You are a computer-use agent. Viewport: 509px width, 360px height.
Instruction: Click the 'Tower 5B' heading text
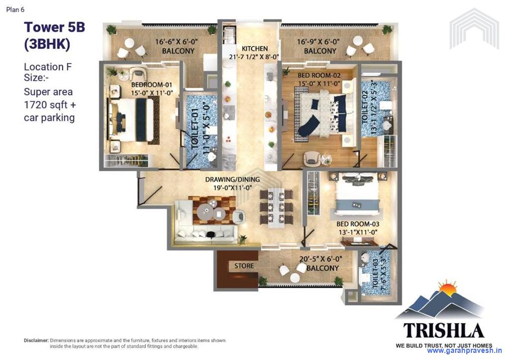coord(54,27)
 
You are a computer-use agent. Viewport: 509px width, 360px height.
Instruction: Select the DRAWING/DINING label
coord(232,179)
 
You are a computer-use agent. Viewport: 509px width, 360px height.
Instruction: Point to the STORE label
coord(244,266)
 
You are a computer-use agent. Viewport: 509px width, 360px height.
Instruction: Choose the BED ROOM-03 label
coord(358,224)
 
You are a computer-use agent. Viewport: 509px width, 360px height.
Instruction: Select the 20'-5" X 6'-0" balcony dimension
coord(320,259)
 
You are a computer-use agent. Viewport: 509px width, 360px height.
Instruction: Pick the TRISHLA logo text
coord(443,330)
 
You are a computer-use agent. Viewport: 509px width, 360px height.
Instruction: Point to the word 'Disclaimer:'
coord(36,340)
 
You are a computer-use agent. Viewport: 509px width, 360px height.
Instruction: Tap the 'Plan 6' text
coord(16,9)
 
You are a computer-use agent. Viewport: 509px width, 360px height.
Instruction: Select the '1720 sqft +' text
coord(49,105)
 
